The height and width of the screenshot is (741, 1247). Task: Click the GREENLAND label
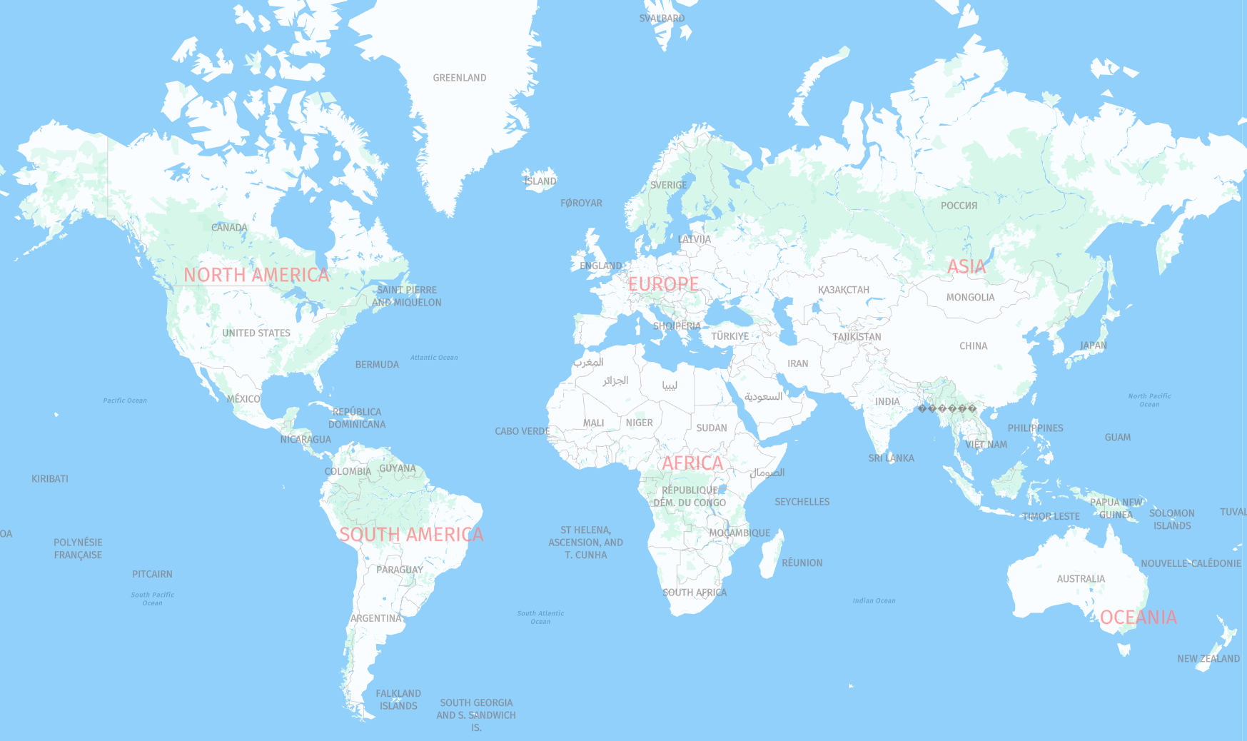point(459,78)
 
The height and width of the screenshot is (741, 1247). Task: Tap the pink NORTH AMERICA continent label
point(256,275)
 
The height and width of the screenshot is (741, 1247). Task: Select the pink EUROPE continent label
point(663,284)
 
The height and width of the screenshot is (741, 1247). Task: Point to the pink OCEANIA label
point(1138,617)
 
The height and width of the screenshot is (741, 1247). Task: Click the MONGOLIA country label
point(970,298)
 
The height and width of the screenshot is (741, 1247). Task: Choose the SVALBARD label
point(662,19)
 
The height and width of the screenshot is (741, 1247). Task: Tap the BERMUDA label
point(377,365)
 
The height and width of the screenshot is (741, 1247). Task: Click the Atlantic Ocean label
point(434,358)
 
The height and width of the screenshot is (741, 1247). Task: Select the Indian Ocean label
point(874,601)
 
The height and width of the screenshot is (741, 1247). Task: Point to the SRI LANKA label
point(891,458)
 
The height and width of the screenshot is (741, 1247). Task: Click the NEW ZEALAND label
point(1208,659)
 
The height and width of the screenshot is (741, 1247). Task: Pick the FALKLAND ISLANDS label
point(398,700)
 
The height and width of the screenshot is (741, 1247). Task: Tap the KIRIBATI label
point(50,479)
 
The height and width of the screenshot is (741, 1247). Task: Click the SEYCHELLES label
point(802,502)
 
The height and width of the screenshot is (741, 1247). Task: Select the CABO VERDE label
point(522,431)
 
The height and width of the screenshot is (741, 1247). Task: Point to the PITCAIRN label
point(152,574)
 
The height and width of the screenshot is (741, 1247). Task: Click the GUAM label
point(1117,438)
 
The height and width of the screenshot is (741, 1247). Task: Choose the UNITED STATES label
point(256,333)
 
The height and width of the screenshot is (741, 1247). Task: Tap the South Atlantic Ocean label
point(540,617)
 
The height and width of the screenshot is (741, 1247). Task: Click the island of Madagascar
point(771,554)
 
